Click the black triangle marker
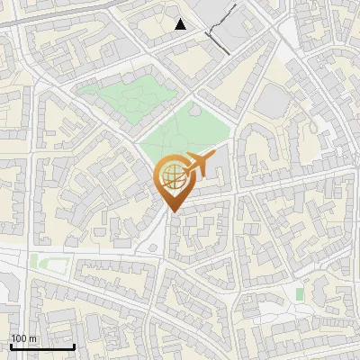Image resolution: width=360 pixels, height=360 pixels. click(181, 24)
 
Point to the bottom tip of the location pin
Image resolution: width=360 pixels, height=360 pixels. click(171, 212)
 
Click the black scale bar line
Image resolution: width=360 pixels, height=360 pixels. click(42, 346)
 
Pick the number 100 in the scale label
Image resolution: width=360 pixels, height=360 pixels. click(19, 338)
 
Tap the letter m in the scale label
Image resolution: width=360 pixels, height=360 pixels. click(32, 338)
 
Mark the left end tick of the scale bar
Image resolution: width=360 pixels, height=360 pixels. click(11, 345)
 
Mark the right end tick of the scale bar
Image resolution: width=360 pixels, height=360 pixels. click(74, 345)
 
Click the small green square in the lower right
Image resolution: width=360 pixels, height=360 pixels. click(300, 294)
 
